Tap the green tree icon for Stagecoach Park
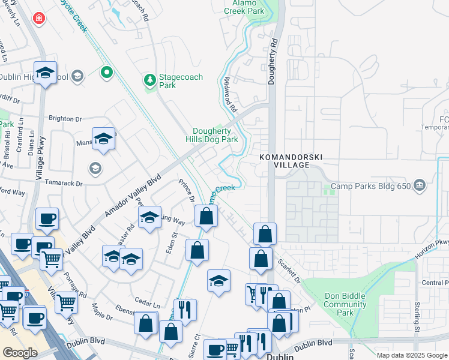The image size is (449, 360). point(149,80)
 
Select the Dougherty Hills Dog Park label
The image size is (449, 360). point(215,135)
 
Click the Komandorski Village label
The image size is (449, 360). point(291,161)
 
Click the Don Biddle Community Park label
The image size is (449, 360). point(345,304)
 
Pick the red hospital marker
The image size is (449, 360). point(40,19)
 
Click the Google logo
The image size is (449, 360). point(20,353)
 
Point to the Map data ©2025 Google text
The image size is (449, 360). point(411,355)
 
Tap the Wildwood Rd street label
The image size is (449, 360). point(231,95)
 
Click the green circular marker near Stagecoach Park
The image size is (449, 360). point(107,73)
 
